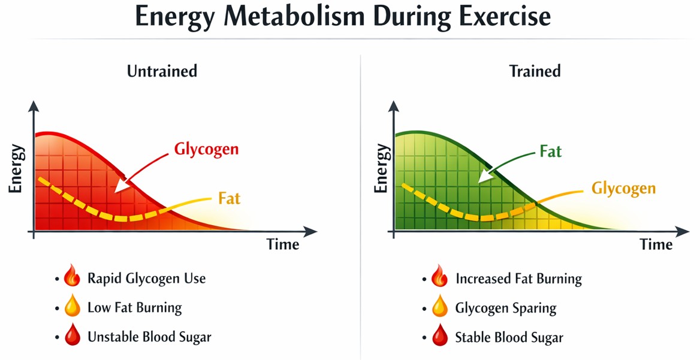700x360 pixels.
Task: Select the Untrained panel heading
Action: (x=162, y=71)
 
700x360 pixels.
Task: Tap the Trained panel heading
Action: (x=535, y=71)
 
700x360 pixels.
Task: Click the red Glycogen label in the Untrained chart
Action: (x=206, y=149)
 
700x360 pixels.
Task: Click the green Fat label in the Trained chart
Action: (x=550, y=152)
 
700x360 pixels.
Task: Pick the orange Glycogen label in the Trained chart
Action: (x=623, y=188)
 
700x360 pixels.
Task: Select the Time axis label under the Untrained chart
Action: (x=282, y=244)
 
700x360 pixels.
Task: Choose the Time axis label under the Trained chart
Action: (x=656, y=244)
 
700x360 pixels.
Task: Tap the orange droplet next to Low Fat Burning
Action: (x=71, y=308)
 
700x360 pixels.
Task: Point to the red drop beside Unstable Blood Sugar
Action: (x=71, y=337)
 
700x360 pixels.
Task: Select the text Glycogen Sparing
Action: (x=506, y=308)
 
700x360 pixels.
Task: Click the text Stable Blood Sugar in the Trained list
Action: (x=509, y=338)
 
